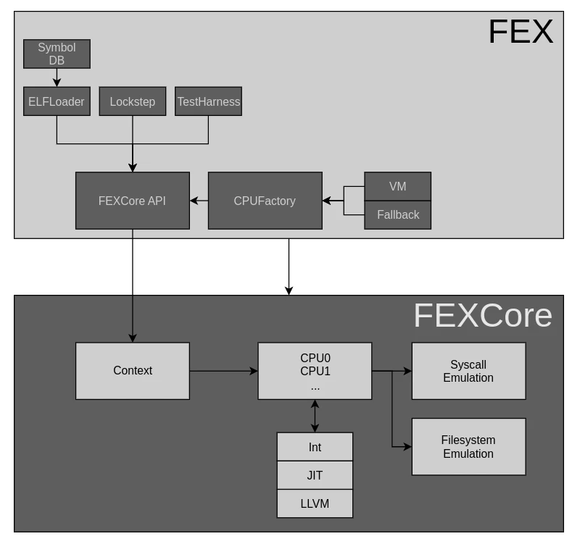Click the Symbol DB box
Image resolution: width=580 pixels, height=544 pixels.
click(57, 54)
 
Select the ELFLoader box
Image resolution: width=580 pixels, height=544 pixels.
click(57, 101)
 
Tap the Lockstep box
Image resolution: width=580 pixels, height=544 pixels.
click(132, 101)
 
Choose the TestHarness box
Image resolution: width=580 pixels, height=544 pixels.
click(208, 101)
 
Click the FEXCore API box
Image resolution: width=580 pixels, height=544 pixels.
click(132, 201)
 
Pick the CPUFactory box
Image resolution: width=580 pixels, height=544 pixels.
click(265, 201)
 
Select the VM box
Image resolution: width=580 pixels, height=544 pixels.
click(397, 186)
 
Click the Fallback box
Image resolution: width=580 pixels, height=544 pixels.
click(397, 214)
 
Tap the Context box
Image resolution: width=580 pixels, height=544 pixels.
click(132, 371)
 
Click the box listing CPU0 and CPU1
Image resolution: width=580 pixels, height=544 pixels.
click(315, 371)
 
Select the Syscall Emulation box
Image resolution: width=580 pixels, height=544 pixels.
click(468, 371)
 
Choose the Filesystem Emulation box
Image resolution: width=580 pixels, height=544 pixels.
click(468, 447)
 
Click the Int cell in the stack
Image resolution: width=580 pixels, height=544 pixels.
click(315, 447)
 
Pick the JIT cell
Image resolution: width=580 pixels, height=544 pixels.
click(315, 475)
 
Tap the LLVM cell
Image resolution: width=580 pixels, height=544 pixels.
click(315, 503)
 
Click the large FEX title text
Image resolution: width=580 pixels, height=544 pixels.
click(520, 32)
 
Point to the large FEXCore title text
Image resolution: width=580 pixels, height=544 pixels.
click(482, 316)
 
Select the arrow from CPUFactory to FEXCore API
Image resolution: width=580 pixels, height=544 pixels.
click(199, 201)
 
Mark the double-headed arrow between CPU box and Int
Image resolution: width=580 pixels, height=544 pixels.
click(315, 417)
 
